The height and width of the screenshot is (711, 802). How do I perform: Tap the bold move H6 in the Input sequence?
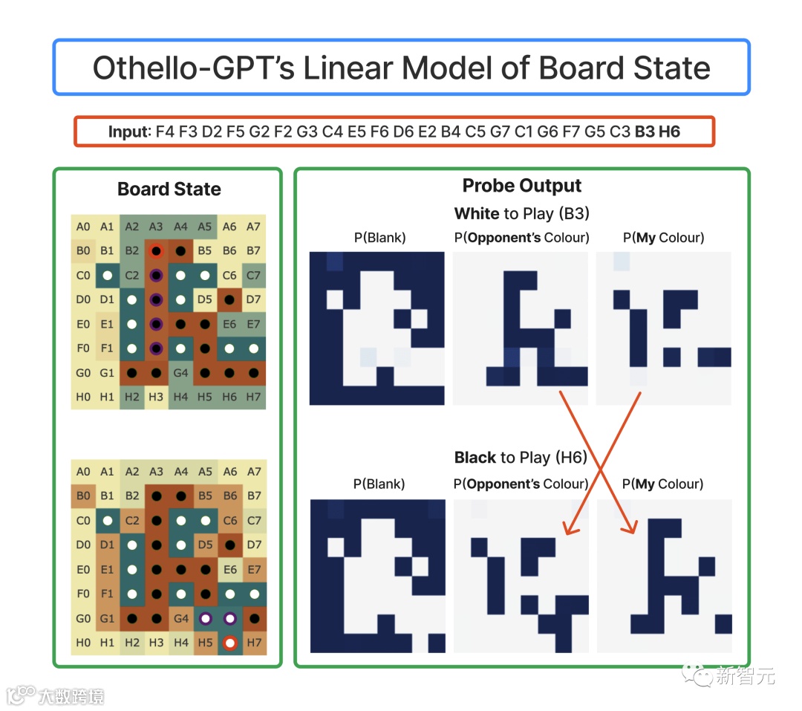click(669, 132)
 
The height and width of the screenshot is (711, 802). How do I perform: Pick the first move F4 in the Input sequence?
click(166, 132)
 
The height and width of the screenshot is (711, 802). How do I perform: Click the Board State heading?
click(169, 189)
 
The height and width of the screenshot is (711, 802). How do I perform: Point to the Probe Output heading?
click(522, 186)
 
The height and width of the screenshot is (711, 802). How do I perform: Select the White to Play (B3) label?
click(521, 214)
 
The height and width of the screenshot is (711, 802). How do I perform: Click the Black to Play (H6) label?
click(521, 458)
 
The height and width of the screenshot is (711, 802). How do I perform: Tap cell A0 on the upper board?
click(83, 227)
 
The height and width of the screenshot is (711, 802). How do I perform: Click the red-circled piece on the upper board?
click(156, 251)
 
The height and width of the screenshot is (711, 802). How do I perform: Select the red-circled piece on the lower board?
click(230, 642)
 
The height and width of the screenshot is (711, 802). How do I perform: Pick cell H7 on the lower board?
click(254, 642)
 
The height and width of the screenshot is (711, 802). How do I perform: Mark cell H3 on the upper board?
click(156, 397)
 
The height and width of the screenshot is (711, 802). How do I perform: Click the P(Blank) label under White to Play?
click(379, 238)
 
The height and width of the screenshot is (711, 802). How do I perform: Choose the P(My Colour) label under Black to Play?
click(663, 484)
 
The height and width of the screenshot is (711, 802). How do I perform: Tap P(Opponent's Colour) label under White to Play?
click(521, 238)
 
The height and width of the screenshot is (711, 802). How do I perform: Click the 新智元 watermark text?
click(745, 676)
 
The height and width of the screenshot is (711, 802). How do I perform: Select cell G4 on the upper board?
click(180, 372)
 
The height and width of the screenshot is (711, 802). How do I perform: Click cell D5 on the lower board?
click(205, 545)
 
